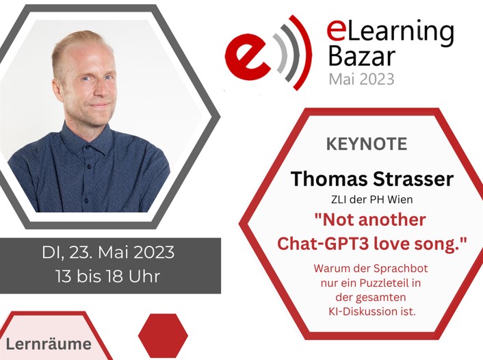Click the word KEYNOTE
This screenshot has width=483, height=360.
coord(367,144)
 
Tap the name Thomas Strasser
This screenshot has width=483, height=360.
coord(371,179)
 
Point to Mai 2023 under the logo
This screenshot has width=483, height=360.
coord(361,79)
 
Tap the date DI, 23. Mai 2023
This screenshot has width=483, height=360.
coord(108,253)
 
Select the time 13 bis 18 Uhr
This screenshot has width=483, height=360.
coord(108,278)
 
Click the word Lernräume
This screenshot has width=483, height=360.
coord(49,344)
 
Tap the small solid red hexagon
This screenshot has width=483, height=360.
coord(163,335)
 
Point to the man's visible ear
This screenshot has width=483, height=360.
coord(57,86)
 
